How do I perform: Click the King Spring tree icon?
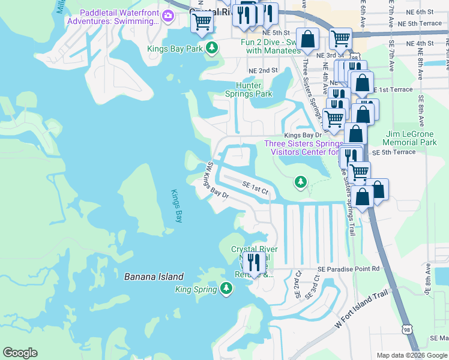(226, 289)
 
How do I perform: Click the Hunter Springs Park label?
(249, 89)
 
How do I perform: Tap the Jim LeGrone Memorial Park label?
(411, 138)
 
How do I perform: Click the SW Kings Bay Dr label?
(217, 181)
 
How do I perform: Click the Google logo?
(20, 353)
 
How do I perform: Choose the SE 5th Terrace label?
(393, 152)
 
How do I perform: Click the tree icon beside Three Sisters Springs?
(300, 181)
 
